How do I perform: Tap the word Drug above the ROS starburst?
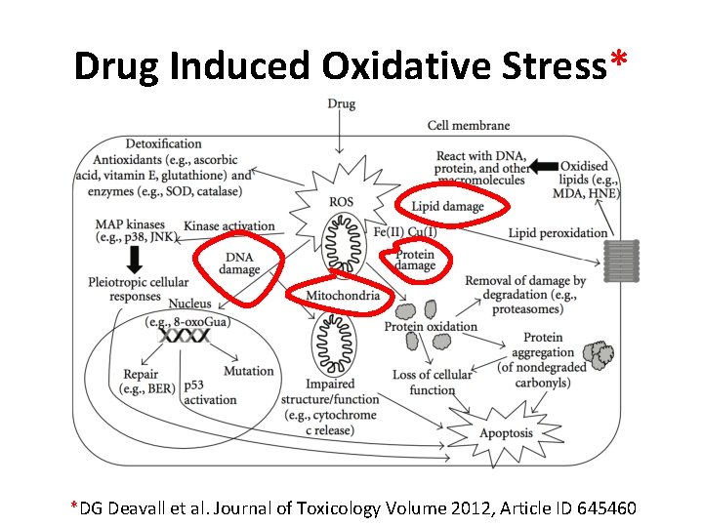[x=341, y=103]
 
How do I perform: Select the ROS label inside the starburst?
[x=341, y=202]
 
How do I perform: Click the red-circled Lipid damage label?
[x=447, y=206]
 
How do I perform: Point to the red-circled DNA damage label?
[x=239, y=263]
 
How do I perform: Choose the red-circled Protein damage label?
[x=416, y=261]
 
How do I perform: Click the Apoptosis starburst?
[x=506, y=432]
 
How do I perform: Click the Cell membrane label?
[x=469, y=126]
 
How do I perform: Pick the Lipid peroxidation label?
[x=558, y=232]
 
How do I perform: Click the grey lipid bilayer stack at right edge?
[x=621, y=261]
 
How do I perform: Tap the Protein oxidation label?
[x=431, y=326]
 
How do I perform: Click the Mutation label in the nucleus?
[x=249, y=371]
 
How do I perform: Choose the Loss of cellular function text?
[x=432, y=382]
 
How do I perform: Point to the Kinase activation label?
[x=229, y=226]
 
